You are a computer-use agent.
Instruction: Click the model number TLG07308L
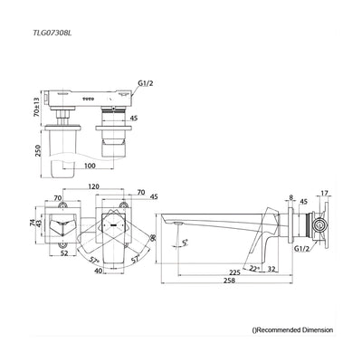52,32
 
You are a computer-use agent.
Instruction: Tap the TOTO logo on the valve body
89,99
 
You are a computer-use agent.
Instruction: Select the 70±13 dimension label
36,107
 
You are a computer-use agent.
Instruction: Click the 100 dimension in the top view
90,166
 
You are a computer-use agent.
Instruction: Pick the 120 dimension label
93,186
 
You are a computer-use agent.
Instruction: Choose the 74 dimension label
33,223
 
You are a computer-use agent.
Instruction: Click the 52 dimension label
63,253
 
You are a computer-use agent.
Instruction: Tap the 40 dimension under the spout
98,271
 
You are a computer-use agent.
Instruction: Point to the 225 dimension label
233,272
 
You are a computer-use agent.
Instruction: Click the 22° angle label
255,268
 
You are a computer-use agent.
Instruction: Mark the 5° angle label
185,242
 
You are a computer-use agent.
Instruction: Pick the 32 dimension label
271,269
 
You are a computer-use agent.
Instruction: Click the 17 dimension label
324,194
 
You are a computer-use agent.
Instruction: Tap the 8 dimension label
291,197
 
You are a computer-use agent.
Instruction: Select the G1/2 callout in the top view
146,82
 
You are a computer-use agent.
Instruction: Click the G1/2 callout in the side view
302,249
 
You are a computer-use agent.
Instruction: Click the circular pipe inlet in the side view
319,224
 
